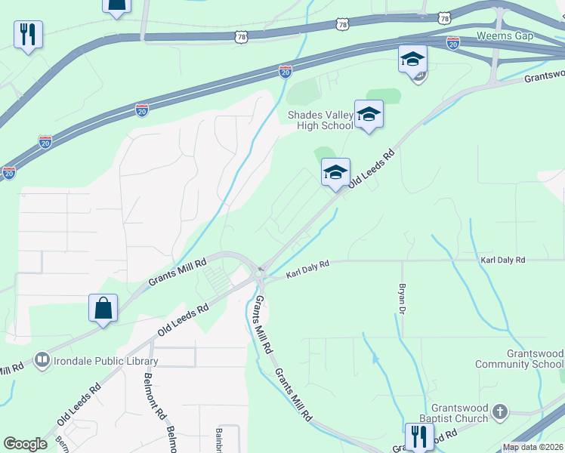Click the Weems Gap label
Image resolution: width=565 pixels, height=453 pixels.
coord(505,36)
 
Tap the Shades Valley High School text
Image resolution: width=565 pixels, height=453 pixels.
coord(320,120)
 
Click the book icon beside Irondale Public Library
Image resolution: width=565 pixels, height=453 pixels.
coord(43,360)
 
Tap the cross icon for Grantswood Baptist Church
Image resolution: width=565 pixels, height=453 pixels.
coord(499,412)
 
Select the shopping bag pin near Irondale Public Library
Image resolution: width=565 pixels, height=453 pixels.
coord(103,308)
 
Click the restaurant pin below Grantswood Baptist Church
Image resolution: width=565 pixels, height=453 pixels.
coord(418,436)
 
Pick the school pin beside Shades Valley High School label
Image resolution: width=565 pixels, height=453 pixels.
coord(369,114)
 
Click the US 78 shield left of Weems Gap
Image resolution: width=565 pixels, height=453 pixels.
coord(444,17)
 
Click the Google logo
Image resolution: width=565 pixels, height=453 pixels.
coord(25,444)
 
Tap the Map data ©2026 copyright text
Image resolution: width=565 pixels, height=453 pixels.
coord(533,447)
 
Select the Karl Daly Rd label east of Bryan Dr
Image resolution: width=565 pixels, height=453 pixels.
coord(502,260)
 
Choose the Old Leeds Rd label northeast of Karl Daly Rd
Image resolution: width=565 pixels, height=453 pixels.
coord(372,171)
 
